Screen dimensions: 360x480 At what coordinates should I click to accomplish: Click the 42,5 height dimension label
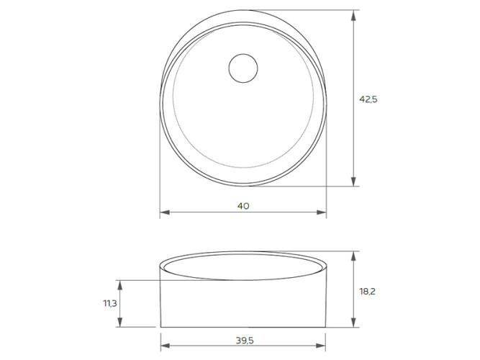368,99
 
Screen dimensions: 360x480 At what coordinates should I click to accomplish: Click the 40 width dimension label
243,206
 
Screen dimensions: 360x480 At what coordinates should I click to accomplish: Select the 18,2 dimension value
367,292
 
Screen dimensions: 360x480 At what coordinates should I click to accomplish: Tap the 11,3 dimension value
110,304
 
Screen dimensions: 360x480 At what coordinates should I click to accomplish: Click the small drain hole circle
243,69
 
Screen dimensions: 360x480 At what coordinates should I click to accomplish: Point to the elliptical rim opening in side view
243,267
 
